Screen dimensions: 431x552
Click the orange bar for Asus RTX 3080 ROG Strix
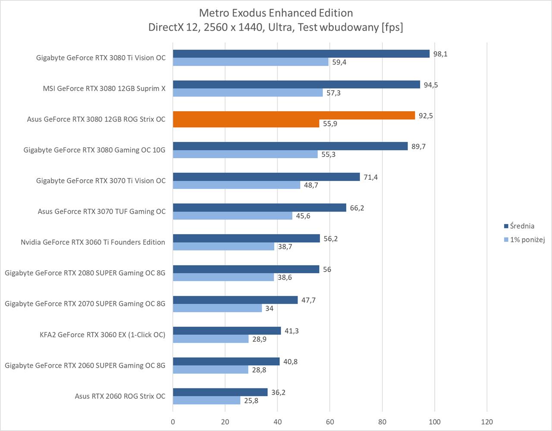tap(294, 116)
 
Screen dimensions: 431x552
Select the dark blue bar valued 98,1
tap(301, 54)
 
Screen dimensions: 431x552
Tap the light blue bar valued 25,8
tap(207, 400)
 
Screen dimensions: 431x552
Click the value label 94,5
tap(430, 85)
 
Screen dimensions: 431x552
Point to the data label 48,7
tap(311, 185)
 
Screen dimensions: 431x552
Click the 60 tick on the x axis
tap(330, 422)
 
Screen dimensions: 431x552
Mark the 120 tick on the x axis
tap(487, 422)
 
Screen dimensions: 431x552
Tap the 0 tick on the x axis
tap(173, 422)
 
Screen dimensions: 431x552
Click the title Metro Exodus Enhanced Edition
tap(276, 13)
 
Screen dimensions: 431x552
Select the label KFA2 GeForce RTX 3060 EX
tap(103, 334)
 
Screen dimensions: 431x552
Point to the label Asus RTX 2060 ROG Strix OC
tap(120, 396)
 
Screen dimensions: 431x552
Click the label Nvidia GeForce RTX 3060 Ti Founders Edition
tap(93, 242)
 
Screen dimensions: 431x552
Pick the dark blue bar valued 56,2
tap(246, 238)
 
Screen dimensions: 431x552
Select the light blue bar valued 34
tap(217, 308)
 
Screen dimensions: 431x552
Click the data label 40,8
tap(290, 362)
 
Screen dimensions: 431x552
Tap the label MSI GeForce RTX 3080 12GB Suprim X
tap(104, 88)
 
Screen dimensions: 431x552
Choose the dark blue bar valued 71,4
tap(266, 177)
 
